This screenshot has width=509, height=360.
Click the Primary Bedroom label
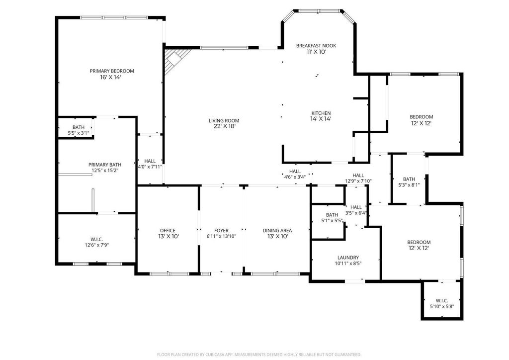click(112, 71)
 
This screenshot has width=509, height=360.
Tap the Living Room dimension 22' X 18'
click(224, 126)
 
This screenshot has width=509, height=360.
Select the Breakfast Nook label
click(316, 46)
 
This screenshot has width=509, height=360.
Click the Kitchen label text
click(321, 113)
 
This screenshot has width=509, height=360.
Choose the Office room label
click(168, 231)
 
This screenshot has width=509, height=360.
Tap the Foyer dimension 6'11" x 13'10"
click(221, 236)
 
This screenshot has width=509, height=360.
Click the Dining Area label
click(277, 231)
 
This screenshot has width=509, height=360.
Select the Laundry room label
click(348, 258)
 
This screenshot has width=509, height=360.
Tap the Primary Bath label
click(105, 165)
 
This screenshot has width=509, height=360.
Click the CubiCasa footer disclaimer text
click(259, 355)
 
